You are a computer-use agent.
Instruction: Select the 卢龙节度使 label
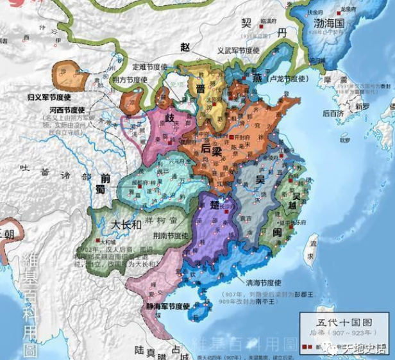coord(274,79)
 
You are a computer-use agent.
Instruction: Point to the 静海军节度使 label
coord(168,306)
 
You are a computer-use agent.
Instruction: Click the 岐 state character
coord(171,119)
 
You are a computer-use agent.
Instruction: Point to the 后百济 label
coord(334,113)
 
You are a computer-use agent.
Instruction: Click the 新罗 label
coord(363,106)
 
